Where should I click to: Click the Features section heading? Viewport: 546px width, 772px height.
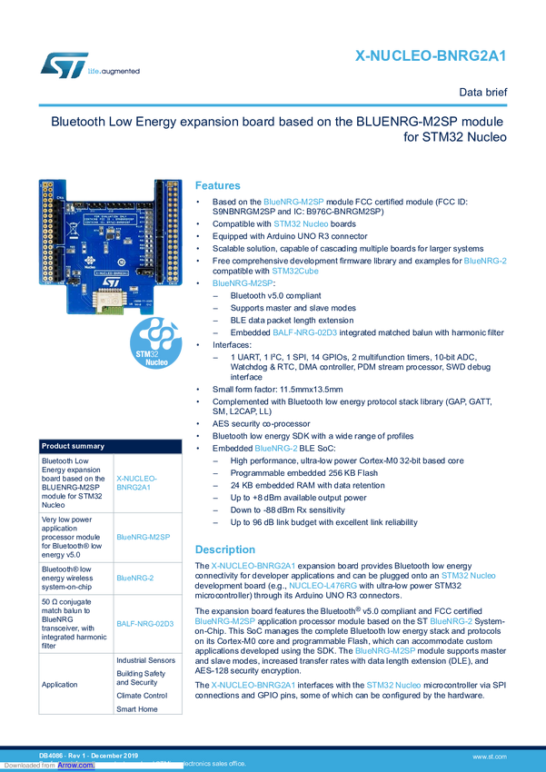(x=217, y=184)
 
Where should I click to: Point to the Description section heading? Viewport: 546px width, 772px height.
(x=226, y=549)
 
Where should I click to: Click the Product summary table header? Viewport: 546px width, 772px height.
(x=73, y=446)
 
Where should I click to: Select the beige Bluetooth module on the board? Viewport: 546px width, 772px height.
(x=112, y=298)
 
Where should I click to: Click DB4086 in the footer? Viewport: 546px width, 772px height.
(x=50, y=756)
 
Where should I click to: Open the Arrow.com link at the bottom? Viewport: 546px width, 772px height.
(x=75, y=765)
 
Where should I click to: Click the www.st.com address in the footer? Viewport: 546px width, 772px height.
(x=490, y=756)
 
